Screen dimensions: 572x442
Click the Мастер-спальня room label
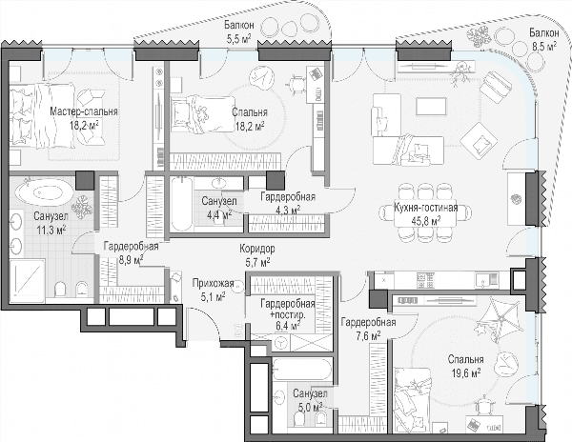[84, 111]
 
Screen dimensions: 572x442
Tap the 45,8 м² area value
[426, 220]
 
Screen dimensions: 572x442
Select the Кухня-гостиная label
[426, 208]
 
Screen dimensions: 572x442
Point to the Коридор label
[257, 249]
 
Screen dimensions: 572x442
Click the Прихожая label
[213, 284]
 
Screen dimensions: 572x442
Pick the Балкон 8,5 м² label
[544, 39]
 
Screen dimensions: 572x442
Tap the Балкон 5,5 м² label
[239, 31]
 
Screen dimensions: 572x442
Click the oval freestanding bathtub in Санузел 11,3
[45, 191]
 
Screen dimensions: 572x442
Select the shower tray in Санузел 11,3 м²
[28, 281]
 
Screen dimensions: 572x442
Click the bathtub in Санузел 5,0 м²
[302, 369]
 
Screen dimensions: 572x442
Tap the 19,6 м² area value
[466, 373]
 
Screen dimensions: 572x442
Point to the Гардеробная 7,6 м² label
[368, 329]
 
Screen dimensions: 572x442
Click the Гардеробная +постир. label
[288, 310]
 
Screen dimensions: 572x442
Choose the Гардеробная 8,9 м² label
[131, 252]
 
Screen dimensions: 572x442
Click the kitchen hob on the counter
[425, 280]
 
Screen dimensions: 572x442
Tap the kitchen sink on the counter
[486, 280]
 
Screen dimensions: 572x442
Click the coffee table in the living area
[431, 107]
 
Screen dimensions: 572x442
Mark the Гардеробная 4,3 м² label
[288, 203]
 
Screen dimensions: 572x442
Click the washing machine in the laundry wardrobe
[280, 343]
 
